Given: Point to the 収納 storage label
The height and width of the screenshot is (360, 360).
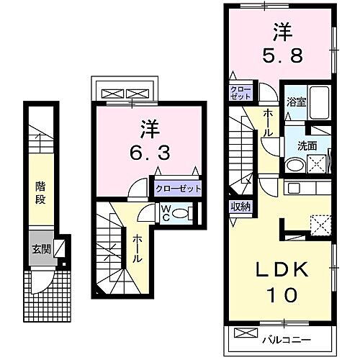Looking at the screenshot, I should pos(240,207).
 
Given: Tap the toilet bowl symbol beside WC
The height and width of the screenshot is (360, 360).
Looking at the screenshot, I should pos(183,213).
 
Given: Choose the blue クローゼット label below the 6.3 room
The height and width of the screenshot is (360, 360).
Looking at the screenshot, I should pos(177,189).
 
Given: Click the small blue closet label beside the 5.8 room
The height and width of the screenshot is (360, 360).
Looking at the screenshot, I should pos(240,93).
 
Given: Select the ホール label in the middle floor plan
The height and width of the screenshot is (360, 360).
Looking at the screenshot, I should pos(135,248).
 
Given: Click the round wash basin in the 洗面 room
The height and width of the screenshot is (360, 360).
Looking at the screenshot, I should pos(293,165).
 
